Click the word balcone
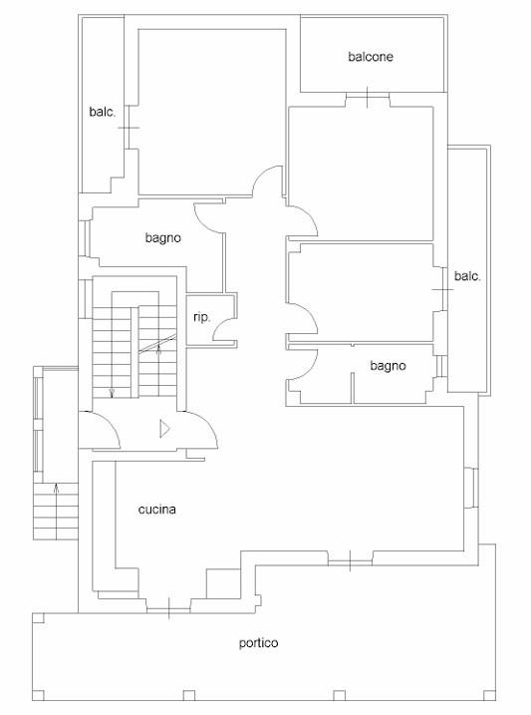pos(371,57)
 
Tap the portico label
pos(258,643)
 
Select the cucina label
pos(156,510)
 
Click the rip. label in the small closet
pos(202,318)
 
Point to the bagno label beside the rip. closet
pos(163,238)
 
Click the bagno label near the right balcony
pos(388,366)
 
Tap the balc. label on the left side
pos(103,112)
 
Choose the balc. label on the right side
pos(467,276)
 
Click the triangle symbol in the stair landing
pos(164,429)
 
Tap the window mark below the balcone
pos(368,97)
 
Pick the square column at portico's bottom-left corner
pos(38,695)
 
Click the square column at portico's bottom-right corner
pos(489,695)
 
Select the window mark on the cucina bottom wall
pos(168,608)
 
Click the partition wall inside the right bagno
pos(353,388)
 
